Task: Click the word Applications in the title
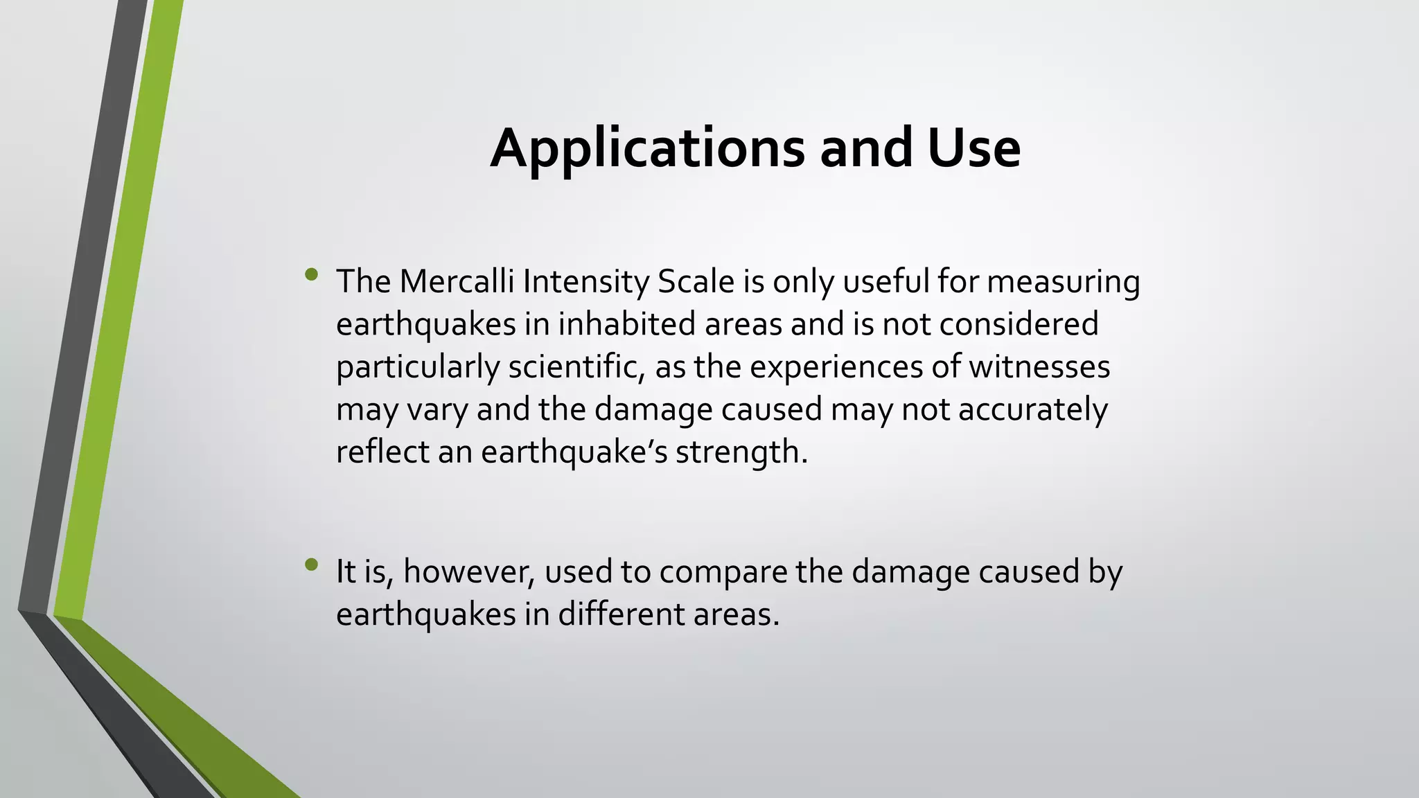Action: click(647, 149)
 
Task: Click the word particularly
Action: click(417, 367)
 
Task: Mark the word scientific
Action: click(572, 366)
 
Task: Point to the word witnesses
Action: click(1039, 366)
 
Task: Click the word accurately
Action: click(1033, 410)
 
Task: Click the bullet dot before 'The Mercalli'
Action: click(311, 275)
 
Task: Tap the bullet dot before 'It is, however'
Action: click(311, 565)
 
